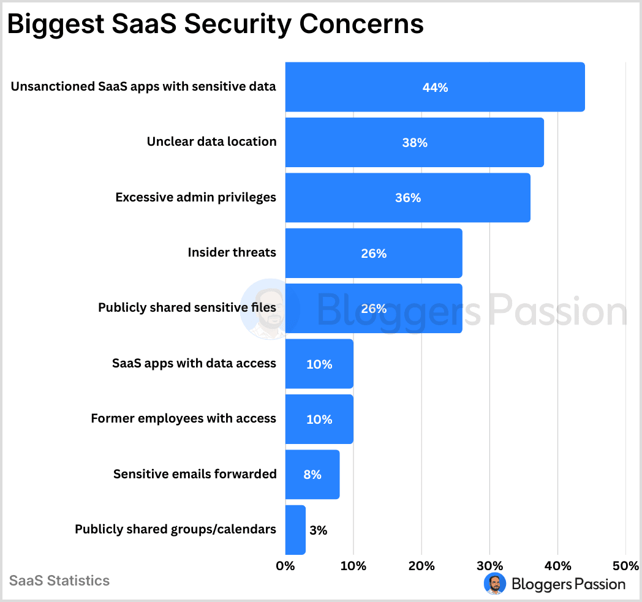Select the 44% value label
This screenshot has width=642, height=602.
point(435,88)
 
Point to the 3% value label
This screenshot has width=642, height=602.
point(319,530)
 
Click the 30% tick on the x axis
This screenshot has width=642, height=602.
point(489,566)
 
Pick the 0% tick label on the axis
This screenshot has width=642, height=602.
point(285,566)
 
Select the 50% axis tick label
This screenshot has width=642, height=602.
point(625,566)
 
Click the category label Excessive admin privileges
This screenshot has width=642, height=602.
point(195,198)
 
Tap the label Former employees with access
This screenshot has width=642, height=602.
point(183,419)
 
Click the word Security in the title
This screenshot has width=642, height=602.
point(240,24)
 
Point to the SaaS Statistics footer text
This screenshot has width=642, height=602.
point(59,581)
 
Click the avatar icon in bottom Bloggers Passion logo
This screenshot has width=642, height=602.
point(495,584)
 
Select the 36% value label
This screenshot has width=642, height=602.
point(407,198)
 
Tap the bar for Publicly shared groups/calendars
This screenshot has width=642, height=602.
point(295,530)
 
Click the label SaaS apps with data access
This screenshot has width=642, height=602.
point(194,363)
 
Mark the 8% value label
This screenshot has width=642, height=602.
point(312,475)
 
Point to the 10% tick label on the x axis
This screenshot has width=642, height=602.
point(353,566)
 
